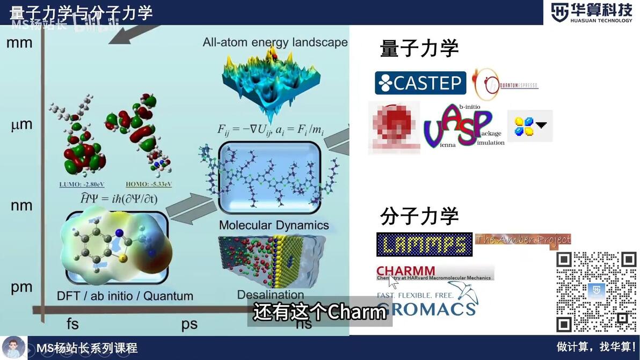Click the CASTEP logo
[x=420, y=83]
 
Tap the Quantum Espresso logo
[x=505, y=85]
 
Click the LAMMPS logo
[x=424, y=244]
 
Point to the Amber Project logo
[x=523, y=240]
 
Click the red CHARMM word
[x=406, y=271]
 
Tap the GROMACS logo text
[x=426, y=309]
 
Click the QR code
[x=596, y=291]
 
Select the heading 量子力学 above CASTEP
[x=419, y=49]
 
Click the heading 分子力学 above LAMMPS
[x=419, y=216]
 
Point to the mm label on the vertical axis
[x=19, y=42]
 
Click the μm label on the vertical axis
[x=21, y=125]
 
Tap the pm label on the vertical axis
[x=21, y=287]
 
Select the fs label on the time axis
[x=72, y=324]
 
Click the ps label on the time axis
[x=189, y=324]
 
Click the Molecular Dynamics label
[x=274, y=225]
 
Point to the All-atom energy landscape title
[x=275, y=42]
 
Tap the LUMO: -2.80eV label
[x=78, y=185]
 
